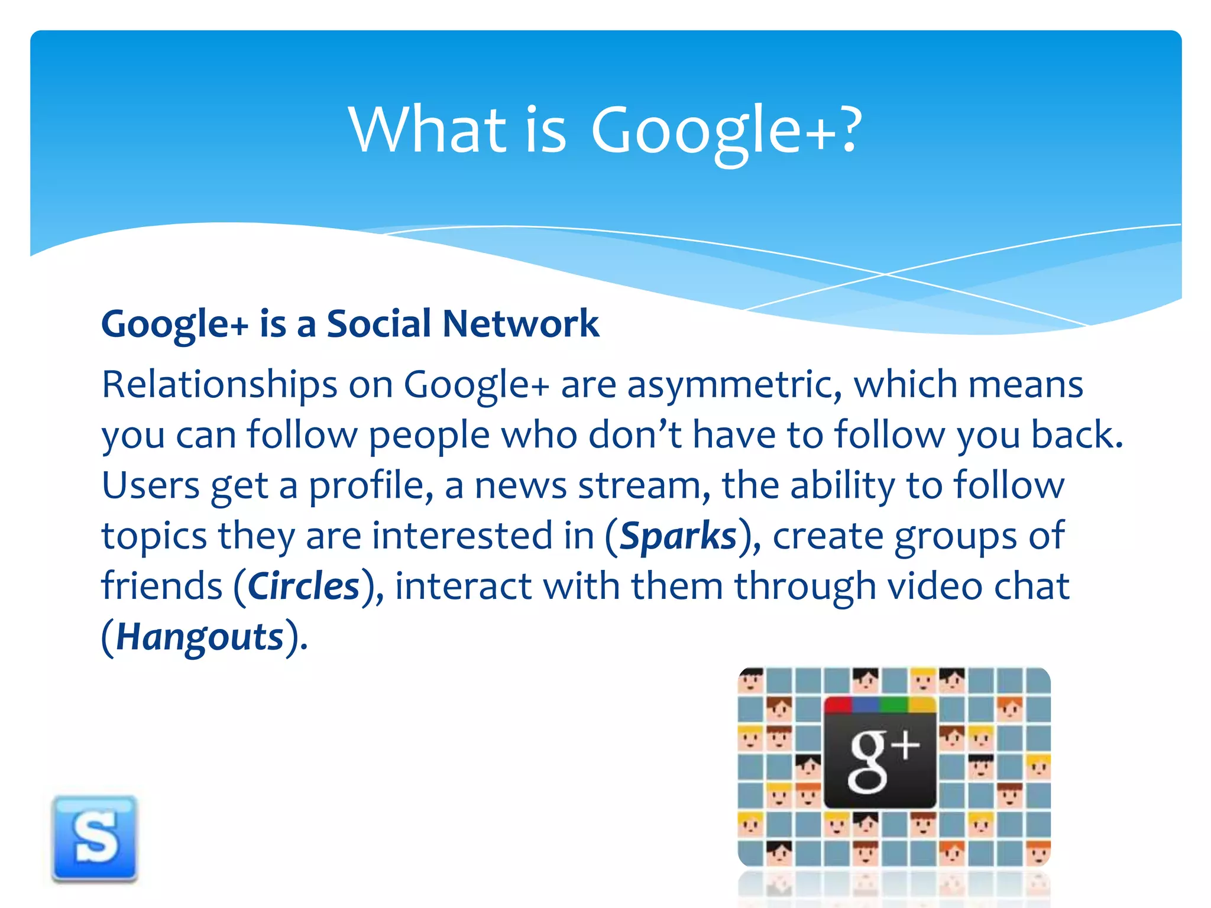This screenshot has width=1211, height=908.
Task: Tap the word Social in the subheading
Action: [378, 324]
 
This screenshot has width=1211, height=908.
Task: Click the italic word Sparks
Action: [678, 537]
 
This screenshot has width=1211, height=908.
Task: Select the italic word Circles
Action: [303, 587]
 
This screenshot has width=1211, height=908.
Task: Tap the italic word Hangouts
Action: [200, 638]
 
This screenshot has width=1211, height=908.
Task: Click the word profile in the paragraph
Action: [371, 487]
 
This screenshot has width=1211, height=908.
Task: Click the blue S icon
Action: [95, 838]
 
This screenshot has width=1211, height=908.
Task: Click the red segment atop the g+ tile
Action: [838, 704]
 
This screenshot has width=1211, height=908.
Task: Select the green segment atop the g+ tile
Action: [893, 704]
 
